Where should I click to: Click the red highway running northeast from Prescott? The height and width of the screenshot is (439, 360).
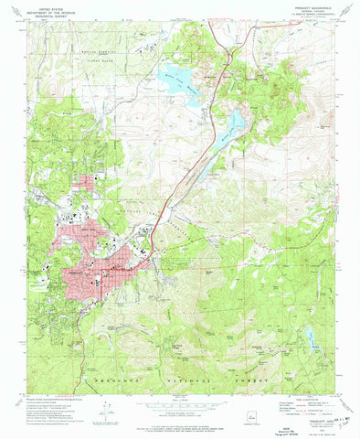(x=174, y=183)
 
